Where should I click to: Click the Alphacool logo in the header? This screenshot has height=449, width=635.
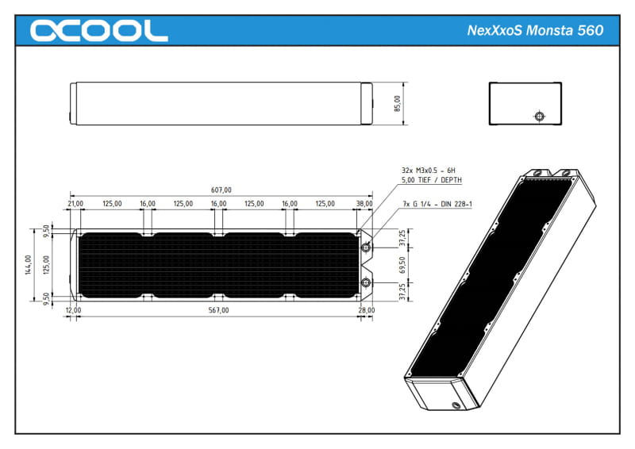pos(98,30)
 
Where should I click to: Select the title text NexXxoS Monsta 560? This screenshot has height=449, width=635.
pos(535,31)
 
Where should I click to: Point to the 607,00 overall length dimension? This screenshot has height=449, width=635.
pos(221,190)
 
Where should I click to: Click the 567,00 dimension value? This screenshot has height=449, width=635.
pos(218,310)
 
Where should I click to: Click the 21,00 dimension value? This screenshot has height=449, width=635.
pos(76,204)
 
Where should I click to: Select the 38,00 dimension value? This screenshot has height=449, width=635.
pos(364,204)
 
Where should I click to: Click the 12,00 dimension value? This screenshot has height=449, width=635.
pos(73,310)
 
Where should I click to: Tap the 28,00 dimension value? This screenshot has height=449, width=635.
pos(366,310)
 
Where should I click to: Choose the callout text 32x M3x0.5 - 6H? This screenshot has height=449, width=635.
pos(429,171)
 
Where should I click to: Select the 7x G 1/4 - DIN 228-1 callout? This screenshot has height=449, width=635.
pos(437,205)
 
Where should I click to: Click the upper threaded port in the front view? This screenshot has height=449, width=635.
pos(366,248)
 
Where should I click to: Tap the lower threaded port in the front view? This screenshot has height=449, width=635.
pos(366,283)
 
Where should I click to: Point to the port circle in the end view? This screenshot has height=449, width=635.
pos(540,117)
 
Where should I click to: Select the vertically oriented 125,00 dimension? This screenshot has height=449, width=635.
pos(45,264)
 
